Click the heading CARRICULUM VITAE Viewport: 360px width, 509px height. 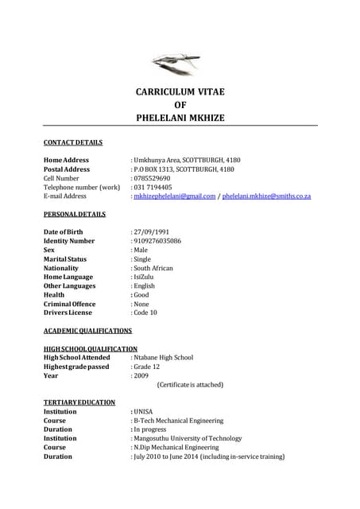[x=180, y=92]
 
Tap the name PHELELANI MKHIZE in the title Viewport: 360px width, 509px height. [x=180, y=118]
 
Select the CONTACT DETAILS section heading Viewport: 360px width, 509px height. [x=73, y=143]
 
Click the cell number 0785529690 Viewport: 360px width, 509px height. [x=153, y=178]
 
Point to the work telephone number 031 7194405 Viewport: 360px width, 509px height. [x=153, y=187]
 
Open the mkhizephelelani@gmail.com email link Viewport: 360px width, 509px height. [x=175, y=196]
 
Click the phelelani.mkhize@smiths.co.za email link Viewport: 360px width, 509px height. [x=266, y=196]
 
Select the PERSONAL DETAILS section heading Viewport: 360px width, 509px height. [x=74, y=214]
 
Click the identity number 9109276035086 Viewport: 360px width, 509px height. [x=157, y=241]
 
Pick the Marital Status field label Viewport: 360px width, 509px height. [x=65, y=259]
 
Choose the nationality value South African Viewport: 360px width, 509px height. [x=153, y=268]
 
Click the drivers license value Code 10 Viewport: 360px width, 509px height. [x=146, y=313]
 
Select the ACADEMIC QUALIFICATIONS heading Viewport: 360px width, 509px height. [x=87, y=330]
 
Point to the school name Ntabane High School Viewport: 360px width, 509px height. [x=163, y=357]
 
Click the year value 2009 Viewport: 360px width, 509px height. [x=142, y=375]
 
